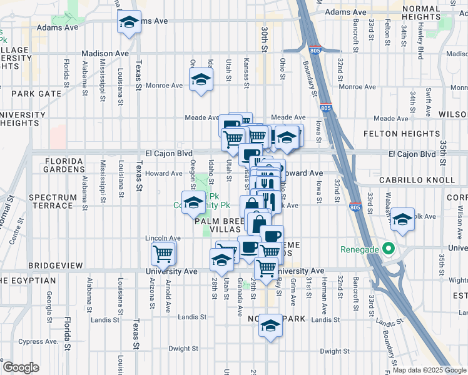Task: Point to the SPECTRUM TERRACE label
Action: (51, 201)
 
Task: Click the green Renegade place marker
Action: (389, 249)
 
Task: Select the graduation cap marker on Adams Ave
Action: (129, 23)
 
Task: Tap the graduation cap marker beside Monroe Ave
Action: (201, 79)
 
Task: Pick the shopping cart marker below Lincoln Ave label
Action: (163, 253)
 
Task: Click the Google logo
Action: (21, 367)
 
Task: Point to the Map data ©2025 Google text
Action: (430, 370)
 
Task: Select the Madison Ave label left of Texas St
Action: (104, 54)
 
